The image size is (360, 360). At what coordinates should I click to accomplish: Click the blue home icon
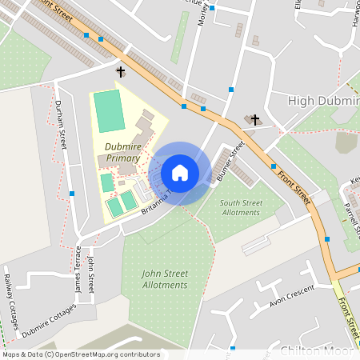pyautogui.click(x=180, y=173)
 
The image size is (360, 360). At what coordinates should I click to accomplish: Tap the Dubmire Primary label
pyautogui.click(x=122, y=152)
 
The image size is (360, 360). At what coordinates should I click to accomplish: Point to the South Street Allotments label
pyautogui.click(x=240, y=207)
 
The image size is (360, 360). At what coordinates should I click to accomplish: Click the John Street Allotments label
pyautogui.click(x=164, y=279)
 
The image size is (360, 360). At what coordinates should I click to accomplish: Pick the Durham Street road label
pyautogui.click(x=61, y=124)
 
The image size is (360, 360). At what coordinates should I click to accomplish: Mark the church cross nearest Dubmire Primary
pyautogui.click(x=121, y=72)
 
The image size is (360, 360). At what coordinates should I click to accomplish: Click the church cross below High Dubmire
pyautogui.click(x=255, y=120)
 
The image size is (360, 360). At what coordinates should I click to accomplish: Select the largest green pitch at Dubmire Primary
pyautogui.click(x=110, y=110)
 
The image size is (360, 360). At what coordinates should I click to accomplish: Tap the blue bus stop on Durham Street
pyautogui.click(x=71, y=194)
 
